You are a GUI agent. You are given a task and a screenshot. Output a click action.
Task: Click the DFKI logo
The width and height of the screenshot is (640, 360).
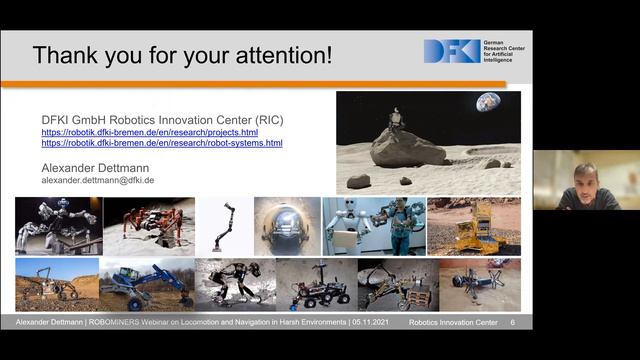(x=452, y=51)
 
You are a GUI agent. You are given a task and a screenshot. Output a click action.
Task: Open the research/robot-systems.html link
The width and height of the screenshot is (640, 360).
(x=161, y=143)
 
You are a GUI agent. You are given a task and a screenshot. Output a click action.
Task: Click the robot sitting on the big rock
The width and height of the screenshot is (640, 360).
(x=398, y=119)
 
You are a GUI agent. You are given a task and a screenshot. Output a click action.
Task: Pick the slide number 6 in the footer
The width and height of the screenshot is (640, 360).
(x=513, y=323)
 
